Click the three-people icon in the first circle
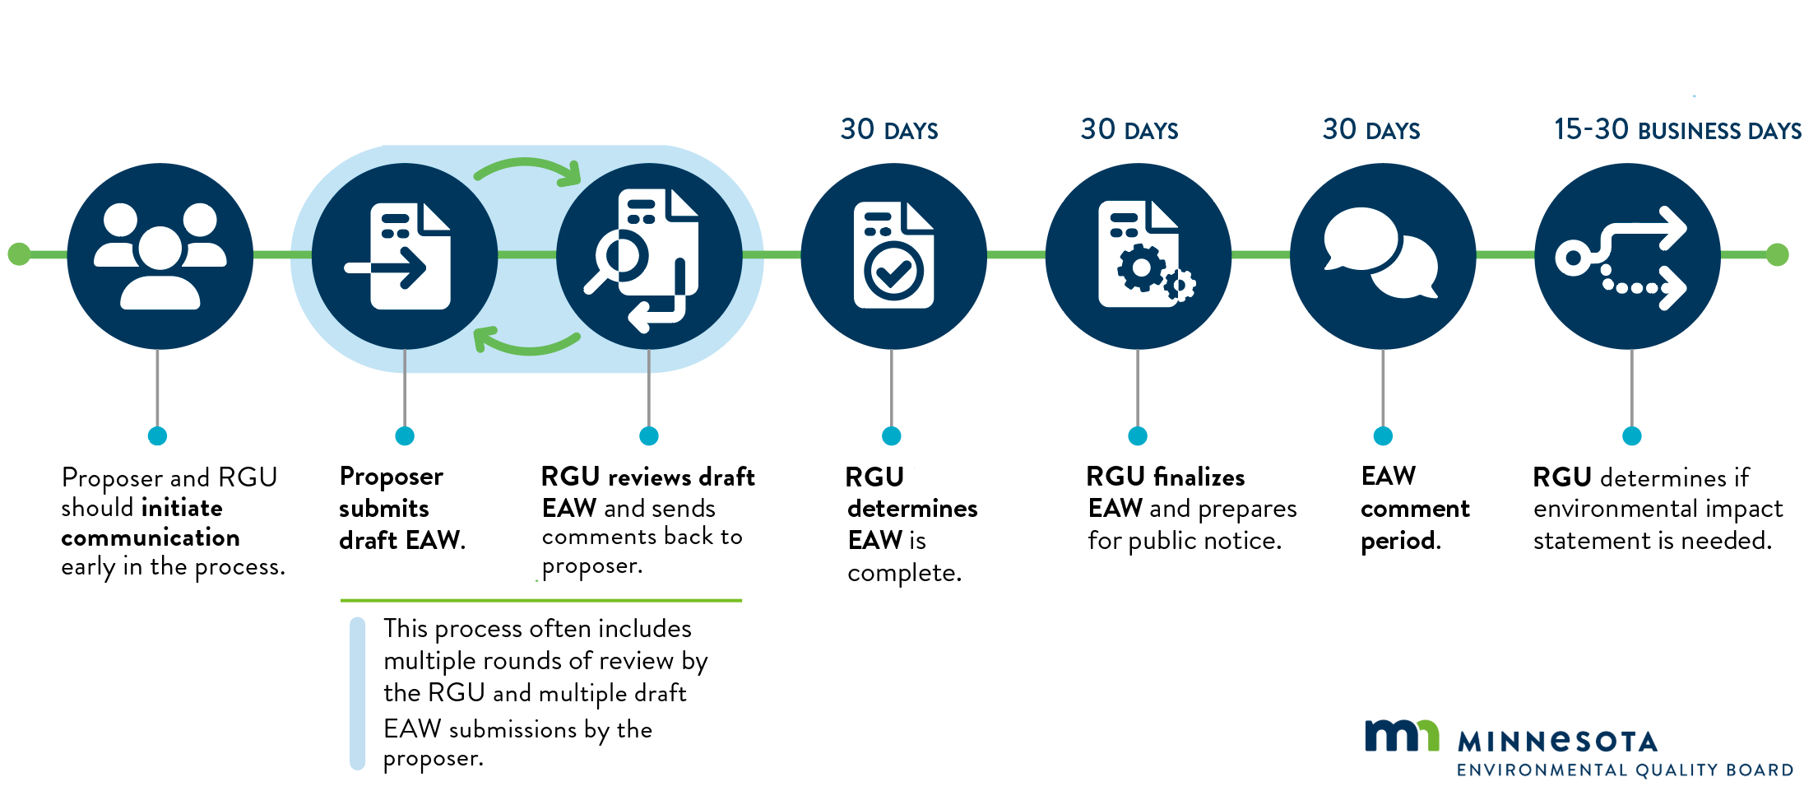point(160,256)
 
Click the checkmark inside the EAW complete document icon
point(893,272)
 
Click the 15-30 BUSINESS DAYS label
point(1677,130)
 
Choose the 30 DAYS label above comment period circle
point(1370,130)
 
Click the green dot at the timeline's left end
point(18,254)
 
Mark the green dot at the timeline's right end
point(1777,254)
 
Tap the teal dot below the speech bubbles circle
point(1383,436)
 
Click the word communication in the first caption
point(151,537)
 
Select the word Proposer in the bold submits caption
point(391,477)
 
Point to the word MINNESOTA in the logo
point(1556,742)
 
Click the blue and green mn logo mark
point(1401,735)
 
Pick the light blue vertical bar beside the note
point(357,693)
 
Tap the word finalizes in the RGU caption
point(1199,477)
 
